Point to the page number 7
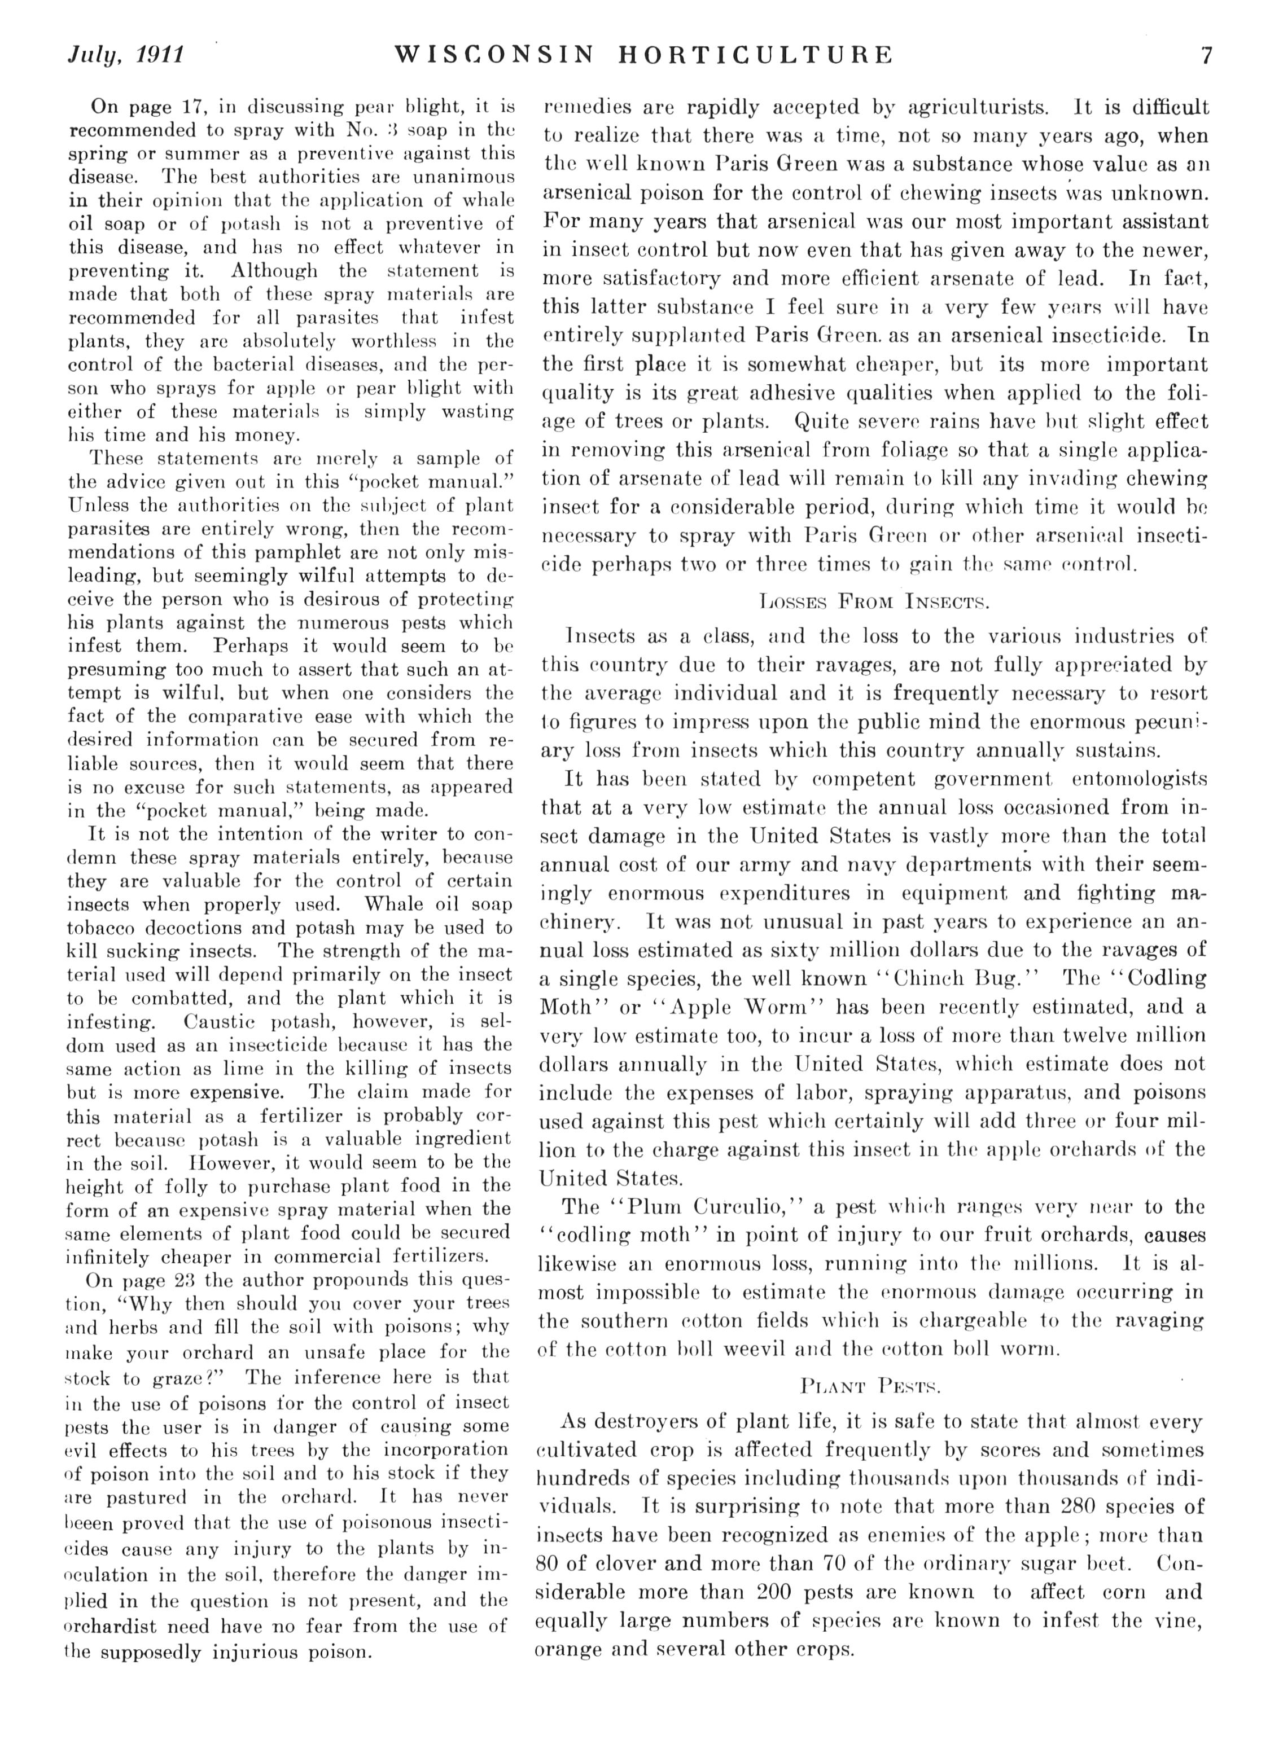click(1206, 55)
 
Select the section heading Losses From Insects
click(873, 600)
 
